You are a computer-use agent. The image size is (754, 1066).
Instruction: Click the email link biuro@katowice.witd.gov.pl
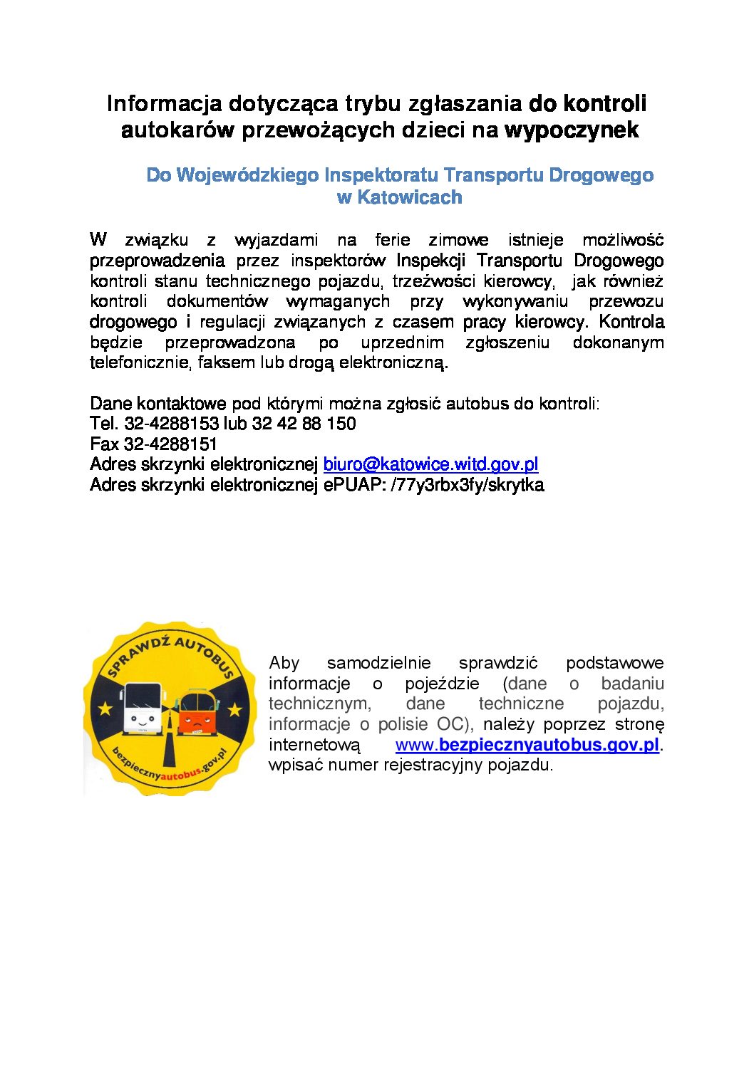(x=430, y=464)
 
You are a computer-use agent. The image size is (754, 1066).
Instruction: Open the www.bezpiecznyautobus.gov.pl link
(x=527, y=745)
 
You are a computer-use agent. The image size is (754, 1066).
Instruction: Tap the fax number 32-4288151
(x=171, y=444)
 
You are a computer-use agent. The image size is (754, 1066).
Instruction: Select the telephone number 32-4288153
(x=171, y=424)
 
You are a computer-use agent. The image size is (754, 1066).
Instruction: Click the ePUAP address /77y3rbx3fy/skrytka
(x=468, y=485)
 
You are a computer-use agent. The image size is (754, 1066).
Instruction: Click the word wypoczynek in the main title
(x=572, y=130)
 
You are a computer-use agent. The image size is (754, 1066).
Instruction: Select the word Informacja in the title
(x=164, y=103)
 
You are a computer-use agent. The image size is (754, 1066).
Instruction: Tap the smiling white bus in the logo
(x=143, y=709)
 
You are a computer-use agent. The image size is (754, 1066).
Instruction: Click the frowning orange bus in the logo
(x=195, y=712)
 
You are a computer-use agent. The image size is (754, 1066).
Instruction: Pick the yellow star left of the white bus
(x=105, y=709)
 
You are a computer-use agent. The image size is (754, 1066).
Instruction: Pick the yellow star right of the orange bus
(x=234, y=709)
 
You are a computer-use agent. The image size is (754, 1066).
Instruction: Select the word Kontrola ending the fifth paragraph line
(x=631, y=322)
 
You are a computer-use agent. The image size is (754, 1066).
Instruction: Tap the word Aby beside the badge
(x=284, y=663)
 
